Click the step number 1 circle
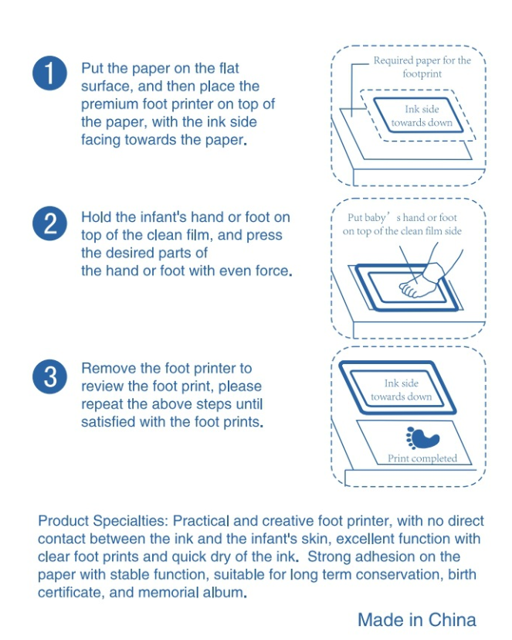click(x=49, y=73)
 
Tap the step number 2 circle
click(x=49, y=223)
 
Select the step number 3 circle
click(x=49, y=376)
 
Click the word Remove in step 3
click(x=109, y=368)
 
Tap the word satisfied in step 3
click(x=108, y=421)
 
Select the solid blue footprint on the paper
click(x=422, y=438)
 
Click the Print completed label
click(x=422, y=458)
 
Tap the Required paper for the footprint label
click(x=422, y=67)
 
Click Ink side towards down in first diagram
click(x=422, y=116)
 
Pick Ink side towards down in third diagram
click(x=401, y=390)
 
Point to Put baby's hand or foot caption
click(x=402, y=224)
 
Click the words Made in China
click(x=416, y=620)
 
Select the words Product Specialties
click(x=103, y=521)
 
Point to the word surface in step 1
click(x=106, y=87)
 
